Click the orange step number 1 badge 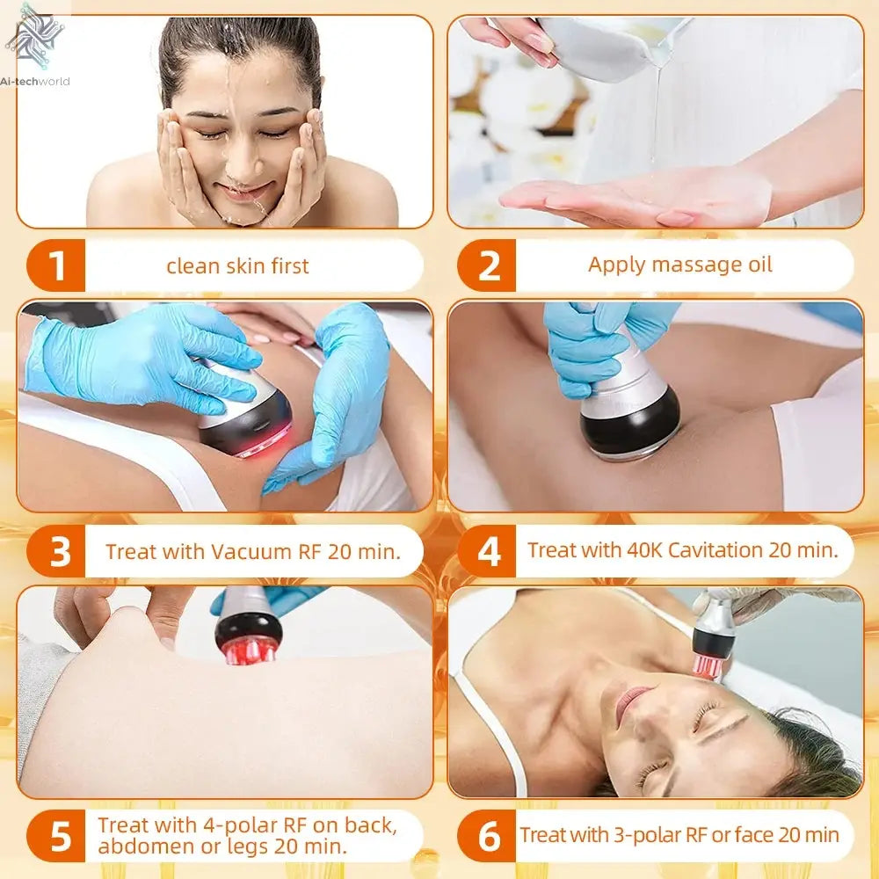[58, 265]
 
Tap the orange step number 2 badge [489, 265]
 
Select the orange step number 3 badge [59, 552]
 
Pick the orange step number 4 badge [489, 552]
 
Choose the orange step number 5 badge [59, 836]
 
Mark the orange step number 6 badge [489, 836]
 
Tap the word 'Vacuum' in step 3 [251, 552]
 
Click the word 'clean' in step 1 [191, 265]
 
